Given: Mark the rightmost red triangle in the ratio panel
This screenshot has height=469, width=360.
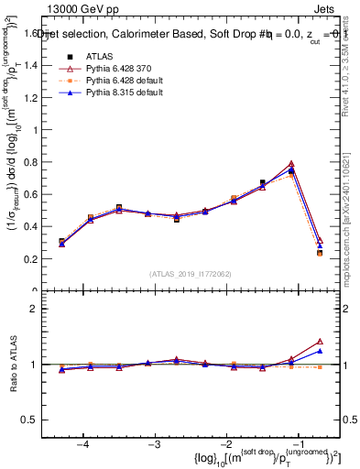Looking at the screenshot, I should coord(320,341).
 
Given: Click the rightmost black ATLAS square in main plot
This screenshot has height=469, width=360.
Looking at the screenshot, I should coord(320,253).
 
